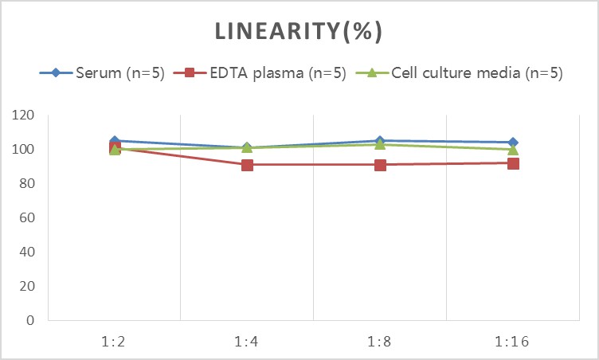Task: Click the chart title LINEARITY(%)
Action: [299, 32]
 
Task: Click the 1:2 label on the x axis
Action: [115, 342]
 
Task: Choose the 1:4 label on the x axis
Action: [247, 342]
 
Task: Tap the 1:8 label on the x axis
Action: [380, 342]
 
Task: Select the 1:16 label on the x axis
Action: [512, 342]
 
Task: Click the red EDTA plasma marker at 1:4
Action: [247, 165]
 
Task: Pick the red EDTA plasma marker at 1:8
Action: [380, 165]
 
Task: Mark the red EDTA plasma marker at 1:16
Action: [513, 163]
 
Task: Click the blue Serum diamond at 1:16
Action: [513, 143]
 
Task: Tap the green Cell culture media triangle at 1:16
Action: [513, 150]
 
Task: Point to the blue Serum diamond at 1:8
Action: [380, 140]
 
